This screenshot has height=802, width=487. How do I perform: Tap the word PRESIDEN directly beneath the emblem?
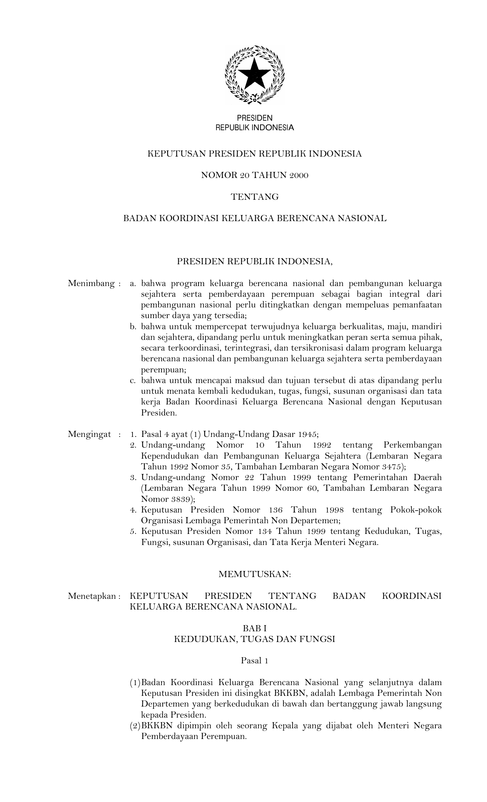255,118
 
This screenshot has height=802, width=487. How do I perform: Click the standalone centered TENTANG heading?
255,197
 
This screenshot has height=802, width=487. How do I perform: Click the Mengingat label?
89,434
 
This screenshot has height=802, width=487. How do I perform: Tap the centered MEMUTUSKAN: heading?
255,574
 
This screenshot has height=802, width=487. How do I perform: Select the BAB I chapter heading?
254,628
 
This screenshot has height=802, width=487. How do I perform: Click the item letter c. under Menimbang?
133,381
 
